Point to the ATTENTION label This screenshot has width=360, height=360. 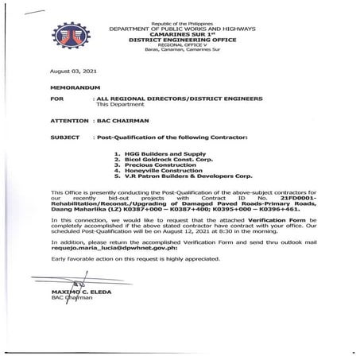(x=67, y=122)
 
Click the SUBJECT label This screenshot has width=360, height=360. (x=64, y=137)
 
